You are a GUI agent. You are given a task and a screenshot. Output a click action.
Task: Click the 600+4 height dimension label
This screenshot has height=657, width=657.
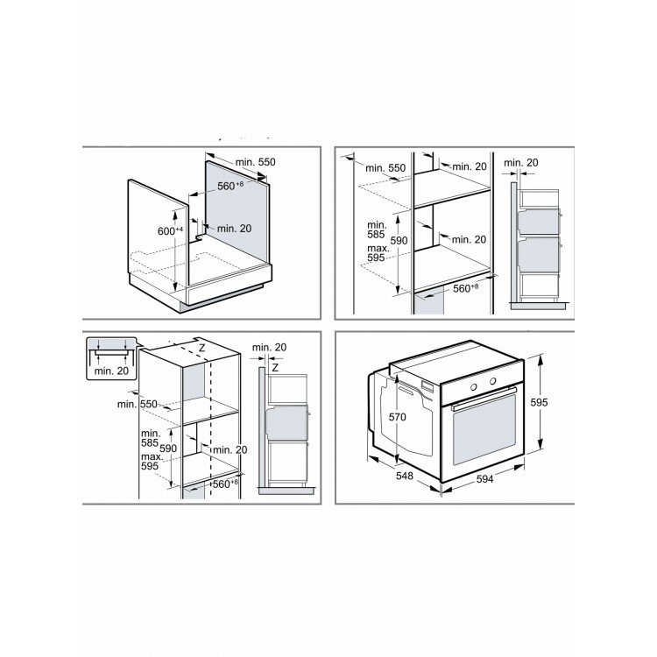coord(170,230)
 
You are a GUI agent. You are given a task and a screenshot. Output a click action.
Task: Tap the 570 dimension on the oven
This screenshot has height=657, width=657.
coord(397,416)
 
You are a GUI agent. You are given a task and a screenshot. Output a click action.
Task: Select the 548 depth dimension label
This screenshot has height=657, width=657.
coord(405,476)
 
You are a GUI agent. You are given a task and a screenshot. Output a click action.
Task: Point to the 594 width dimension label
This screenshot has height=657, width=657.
coord(484,479)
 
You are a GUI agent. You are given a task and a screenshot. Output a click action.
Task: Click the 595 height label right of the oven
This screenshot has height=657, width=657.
coord(539,402)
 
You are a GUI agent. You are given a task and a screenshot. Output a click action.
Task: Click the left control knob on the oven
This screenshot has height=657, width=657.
coord(473,387)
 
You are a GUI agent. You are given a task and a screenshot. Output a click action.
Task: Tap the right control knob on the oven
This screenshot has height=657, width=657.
coord(492,381)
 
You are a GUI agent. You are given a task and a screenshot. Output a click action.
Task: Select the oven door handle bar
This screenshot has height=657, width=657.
coord(484,398)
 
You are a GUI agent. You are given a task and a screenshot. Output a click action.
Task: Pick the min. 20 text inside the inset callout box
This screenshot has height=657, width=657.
coord(111,371)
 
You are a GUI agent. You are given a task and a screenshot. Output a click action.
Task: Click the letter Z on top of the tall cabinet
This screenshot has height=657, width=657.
coord(202,348)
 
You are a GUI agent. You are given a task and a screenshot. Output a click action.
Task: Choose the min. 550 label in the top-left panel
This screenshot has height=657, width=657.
coord(255,162)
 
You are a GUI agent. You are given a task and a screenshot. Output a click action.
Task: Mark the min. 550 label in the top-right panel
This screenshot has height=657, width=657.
coord(385,168)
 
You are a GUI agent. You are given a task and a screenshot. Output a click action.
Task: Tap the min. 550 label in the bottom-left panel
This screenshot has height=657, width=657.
coord(138,404)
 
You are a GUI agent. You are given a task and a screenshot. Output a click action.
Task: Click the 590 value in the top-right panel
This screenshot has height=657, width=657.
coord(399,241)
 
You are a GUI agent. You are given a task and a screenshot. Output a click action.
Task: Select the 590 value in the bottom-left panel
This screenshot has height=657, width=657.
coord(168,449)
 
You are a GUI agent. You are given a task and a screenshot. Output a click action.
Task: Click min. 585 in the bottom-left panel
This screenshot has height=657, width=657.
coord(151,438)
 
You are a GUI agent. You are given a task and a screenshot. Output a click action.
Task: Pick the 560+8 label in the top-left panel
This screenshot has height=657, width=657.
coord(230,186)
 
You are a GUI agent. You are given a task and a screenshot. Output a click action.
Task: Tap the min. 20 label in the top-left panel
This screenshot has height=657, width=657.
coord(234,229)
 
